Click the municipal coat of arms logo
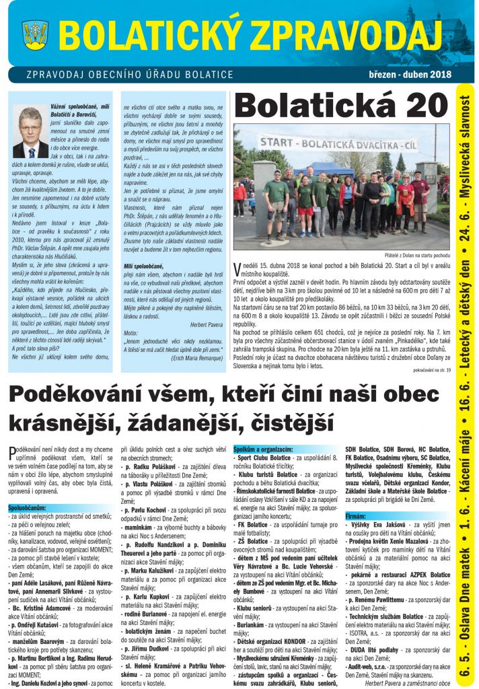[x=35, y=34]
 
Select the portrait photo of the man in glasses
[x=30, y=131]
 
